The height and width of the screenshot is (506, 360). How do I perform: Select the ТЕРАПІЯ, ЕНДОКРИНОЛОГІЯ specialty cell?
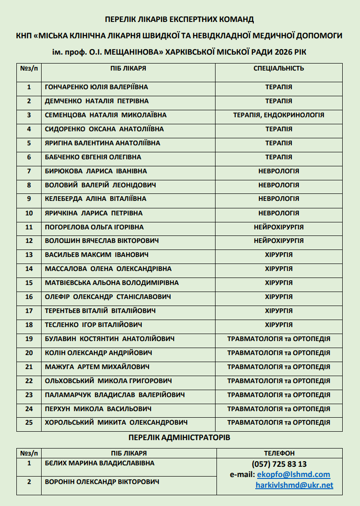[x=279, y=115]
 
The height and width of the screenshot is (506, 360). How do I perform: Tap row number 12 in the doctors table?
[x=29, y=241]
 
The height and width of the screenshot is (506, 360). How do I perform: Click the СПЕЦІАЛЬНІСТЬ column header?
[x=279, y=68]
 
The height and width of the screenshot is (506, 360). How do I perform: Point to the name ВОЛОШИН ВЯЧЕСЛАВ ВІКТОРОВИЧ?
[x=102, y=241]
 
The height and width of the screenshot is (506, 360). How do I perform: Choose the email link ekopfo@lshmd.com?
[x=294, y=474]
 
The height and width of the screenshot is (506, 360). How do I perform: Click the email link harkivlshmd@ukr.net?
[x=294, y=485]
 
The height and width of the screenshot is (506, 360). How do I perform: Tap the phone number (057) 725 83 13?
[x=279, y=464]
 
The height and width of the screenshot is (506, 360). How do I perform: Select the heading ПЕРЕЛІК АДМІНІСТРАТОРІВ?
[x=180, y=438]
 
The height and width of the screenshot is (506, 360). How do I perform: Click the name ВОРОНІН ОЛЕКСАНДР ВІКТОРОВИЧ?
[x=102, y=482]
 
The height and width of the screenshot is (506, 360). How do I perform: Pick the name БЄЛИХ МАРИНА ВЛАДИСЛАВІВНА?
[x=100, y=463]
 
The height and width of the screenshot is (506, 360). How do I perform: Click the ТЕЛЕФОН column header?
[x=279, y=453]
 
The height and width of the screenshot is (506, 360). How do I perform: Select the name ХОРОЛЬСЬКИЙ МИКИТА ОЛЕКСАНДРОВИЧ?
[x=116, y=422]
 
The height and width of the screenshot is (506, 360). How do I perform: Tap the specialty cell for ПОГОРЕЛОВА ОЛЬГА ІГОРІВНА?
[x=279, y=227]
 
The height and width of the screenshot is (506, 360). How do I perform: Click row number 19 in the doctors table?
[x=29, y=339]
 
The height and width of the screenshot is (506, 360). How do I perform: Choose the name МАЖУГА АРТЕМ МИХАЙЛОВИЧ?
[x=97, y=367]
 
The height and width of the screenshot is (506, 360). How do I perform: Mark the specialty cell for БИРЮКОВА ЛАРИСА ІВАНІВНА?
[x=279, y=171]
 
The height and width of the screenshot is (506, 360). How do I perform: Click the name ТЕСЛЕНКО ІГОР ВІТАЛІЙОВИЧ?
[x=94, y=325]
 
